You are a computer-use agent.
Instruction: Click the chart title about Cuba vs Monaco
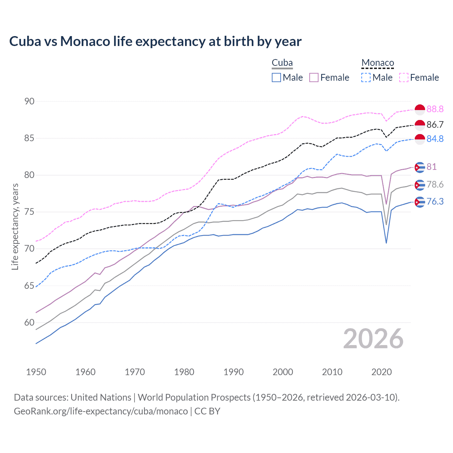[155, 41]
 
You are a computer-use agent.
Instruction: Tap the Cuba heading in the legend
[282, 63]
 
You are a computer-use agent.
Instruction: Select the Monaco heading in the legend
[378, 63]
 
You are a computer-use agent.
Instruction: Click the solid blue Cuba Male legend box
[276, 78]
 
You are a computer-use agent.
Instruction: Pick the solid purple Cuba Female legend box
[314, 78]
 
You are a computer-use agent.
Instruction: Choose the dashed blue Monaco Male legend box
[366, 78]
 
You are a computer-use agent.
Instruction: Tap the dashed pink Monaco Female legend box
[404, 78]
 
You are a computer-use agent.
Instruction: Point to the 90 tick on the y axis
[29, 101]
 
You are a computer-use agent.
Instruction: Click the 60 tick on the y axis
[29, 322]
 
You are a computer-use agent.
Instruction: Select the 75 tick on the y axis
[29, 212]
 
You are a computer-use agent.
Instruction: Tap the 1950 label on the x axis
[36, 372]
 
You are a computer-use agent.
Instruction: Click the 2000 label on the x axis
[283, 372]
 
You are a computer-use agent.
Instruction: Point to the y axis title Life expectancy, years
[15, 226]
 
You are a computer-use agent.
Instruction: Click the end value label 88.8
[435, 109]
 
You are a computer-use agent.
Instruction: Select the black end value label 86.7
[435, 125]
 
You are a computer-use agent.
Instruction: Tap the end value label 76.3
[435, 201]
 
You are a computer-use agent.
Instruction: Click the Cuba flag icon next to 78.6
[420, 185]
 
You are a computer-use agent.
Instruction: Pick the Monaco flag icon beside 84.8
[420, 139]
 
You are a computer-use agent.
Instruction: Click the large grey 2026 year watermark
[373, 339]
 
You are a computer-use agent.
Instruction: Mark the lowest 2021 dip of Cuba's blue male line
[386, 243]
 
